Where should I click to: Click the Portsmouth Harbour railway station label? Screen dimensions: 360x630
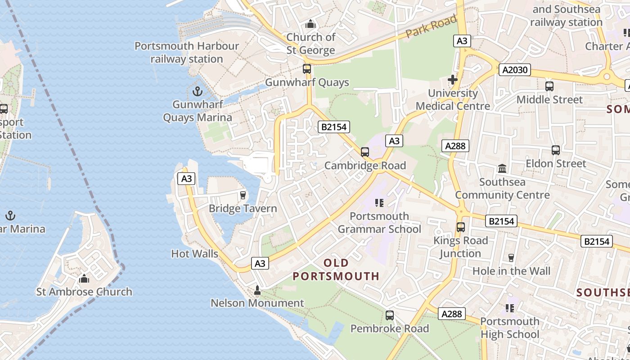187,52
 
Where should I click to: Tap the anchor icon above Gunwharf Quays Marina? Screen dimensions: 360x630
197,92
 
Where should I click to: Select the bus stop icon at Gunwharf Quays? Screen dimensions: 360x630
307,69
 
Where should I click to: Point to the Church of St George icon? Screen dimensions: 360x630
310,24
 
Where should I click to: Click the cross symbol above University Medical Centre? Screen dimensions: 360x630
453,80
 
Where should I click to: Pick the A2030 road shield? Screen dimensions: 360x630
515,70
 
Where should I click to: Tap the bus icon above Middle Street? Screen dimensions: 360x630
549,86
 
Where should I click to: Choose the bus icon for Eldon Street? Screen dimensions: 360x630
556,150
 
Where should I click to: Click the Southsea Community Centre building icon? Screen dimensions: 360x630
502,169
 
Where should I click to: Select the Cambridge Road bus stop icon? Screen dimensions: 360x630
365,152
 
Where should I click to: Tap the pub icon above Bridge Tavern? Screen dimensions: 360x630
243,195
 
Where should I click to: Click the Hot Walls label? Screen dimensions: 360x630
194,254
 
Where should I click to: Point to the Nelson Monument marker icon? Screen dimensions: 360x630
257,290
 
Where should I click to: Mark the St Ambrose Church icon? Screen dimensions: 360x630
84,279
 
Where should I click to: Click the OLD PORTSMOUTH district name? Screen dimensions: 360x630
336,269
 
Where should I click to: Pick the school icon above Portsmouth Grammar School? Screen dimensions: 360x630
379,203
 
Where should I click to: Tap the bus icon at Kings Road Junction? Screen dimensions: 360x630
460,227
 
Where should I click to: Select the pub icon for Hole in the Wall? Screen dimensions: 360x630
511,258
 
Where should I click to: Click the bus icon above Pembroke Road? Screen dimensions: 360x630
390,315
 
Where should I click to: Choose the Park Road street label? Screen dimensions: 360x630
431,27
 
